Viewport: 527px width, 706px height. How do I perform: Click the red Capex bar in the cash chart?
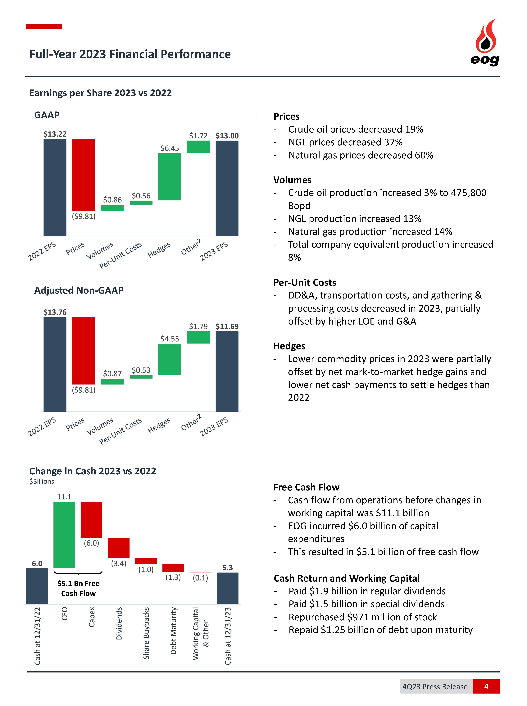[x=91, y=519]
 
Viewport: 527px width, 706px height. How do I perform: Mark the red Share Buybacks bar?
[x=146, y=561]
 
